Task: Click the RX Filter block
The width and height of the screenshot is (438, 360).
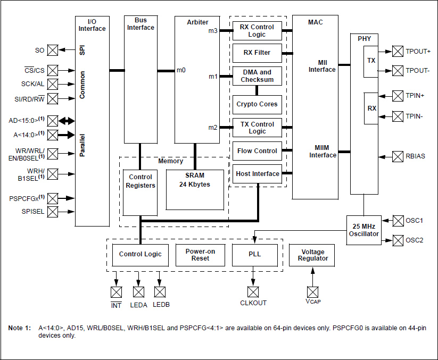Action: click(x=257, y=53)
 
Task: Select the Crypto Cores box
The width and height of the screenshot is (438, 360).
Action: click(x=257, y=104)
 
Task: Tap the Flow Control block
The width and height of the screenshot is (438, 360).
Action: click(x=257, y=151)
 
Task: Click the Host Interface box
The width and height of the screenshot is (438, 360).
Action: click(x=257, y=174)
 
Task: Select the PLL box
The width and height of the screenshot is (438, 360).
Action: click(x=254, y=255)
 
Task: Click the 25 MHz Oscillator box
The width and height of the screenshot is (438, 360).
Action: click(x=364, y=230)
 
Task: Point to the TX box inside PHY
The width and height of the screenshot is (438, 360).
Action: click(x=371, y=61)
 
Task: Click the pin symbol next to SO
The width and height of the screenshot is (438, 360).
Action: click(x=53, y=51)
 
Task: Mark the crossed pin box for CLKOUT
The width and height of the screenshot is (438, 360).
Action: click(x=253, y=292)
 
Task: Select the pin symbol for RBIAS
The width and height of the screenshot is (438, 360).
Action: click(x=398, y=156)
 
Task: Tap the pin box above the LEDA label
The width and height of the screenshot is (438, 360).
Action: click(x=138, y=292)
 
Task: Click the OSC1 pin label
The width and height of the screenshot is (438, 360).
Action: click(x=415, y=220)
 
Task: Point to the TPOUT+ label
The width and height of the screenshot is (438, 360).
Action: click(x=418, y=52)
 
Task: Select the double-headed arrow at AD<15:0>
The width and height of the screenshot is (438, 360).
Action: click(x=67, y=120)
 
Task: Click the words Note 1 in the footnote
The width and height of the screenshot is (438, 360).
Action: click(x=20, y=328)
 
